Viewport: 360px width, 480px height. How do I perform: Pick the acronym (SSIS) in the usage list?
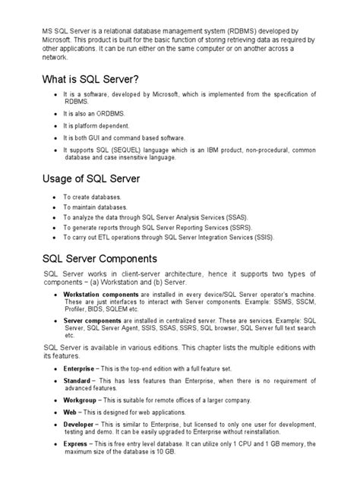tap(259, 236)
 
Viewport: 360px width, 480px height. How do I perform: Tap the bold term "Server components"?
tap(90, 321)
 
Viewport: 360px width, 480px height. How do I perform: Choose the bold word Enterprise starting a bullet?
tap(79, 368)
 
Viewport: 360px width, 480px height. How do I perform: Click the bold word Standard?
tap(77, 380)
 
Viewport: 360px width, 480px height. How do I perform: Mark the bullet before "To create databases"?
tap(53, 196)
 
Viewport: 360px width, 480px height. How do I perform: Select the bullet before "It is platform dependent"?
tap(54, 125)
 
